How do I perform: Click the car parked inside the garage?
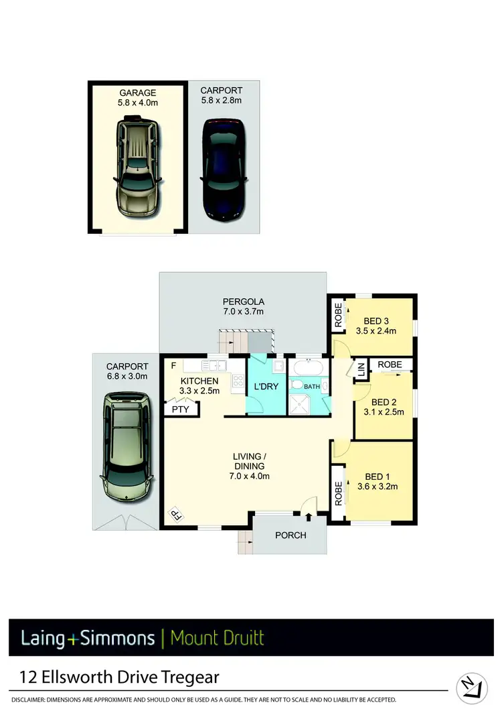tap(137, 167)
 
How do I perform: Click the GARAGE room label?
tap(137, 93)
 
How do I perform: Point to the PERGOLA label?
tap(242, 302)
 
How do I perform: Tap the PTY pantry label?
tap(180, 408)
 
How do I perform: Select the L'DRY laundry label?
tap(266, 387)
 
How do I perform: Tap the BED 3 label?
tap(377, 320)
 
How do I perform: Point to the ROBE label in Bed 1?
tap(339, 493)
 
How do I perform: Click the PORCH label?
tap(290, 535)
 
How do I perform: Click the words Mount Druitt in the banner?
tap(217, 637)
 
